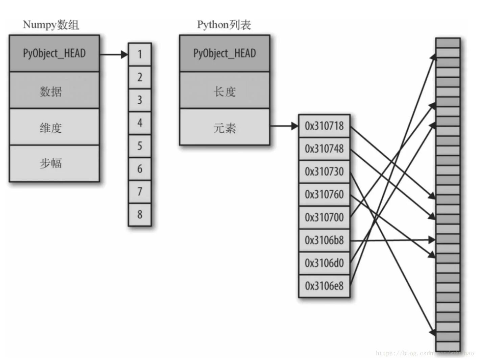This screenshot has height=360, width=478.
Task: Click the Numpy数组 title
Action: pyautogui.click(x=51, y=25)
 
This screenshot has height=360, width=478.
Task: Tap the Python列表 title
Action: pyautogui.click(x=224, y=25)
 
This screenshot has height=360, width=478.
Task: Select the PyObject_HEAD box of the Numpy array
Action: pyautogui.click(x=54, y=53)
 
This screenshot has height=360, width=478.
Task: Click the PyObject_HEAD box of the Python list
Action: pyautogui.click(x=224, y=53)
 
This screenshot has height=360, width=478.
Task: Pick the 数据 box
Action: pyautogui.click(x=54, y=91)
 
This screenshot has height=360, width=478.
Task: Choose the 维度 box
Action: pyautogui.click(x=54, y=127)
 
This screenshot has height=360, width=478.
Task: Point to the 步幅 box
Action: pyautogui.click(x=54, y=163)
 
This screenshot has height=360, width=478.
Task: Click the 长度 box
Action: pyautogui.click(x=224, y=91)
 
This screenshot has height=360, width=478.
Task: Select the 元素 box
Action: pyautogui.click(x=224, y=127)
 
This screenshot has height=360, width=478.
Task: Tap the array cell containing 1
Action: pyautogui.click(x=140, y=54)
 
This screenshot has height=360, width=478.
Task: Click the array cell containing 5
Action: pyautogui.click(x=140, y=146)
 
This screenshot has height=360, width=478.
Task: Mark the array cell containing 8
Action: pyautogui.click(x=140, y=214)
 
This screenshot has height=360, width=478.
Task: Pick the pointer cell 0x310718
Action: pyautogui.click(x=324, y=126)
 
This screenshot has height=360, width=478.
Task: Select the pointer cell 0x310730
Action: pyautogui.click(x=324, y=172)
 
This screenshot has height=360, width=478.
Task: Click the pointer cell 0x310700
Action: pyautogui.click(x=324, y=217)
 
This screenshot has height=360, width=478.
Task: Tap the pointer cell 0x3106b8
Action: pyautogui.click(x=324, y=240)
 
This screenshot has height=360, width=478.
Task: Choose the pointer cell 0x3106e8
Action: pyautogui.click(x=324, y=286)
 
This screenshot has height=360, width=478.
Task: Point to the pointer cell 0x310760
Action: pyautogui.click(x=324, y=195)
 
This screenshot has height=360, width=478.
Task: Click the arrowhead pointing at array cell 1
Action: pyautogui.click(x=124, y=54)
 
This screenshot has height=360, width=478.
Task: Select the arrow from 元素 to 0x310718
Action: pyautogui.click(x=284, y=126)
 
